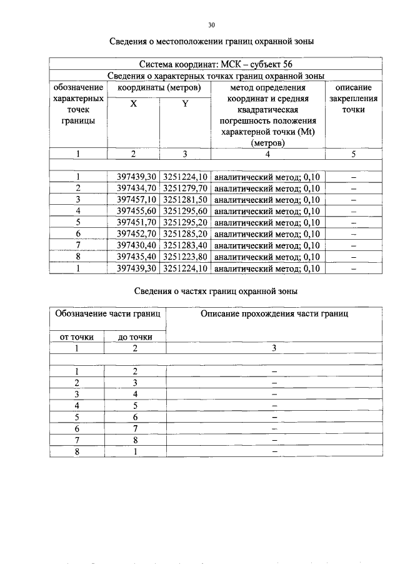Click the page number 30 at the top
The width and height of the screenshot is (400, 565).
tap(211, 25)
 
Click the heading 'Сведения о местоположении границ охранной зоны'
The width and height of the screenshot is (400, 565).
tap(211, 42)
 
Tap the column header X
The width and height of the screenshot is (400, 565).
tap(134, 104)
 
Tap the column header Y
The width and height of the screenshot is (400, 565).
tap(185, 104)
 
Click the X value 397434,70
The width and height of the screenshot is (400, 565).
tap(136, 189)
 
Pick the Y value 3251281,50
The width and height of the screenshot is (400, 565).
tap(185, 200)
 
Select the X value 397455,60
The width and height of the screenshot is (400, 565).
tap(136, 211)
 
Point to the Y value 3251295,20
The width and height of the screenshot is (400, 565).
tap(185, 223)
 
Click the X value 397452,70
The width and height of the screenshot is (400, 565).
tap(136, 234)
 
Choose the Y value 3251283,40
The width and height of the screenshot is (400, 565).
tap(185, 245)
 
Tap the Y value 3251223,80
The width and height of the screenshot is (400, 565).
tap(185, 257)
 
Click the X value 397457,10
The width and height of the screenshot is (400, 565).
tap(136, 200)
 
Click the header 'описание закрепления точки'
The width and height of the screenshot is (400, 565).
tap(353, 99)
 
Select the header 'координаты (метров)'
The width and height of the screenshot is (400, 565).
tap(159, 88)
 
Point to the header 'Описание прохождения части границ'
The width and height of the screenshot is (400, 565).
tap(274, 314)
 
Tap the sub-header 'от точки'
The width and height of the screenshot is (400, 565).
tap(76, 337)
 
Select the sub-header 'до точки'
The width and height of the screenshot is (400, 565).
tap(135, 337)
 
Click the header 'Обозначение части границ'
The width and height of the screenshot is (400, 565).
tap(108, 314)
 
